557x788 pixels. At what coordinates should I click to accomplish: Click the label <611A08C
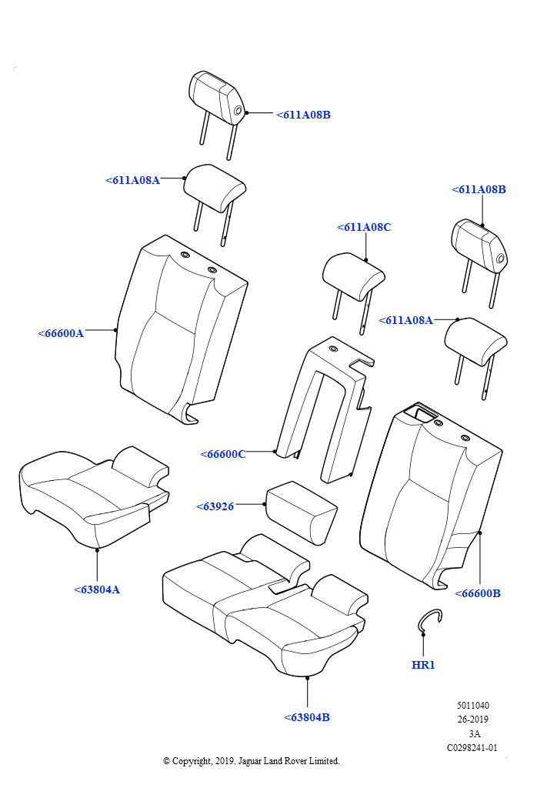364,227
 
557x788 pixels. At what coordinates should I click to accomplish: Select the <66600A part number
61,333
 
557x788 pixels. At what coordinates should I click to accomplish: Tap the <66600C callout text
222,454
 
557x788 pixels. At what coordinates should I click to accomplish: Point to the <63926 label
215,506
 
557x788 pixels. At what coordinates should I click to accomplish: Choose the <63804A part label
97,589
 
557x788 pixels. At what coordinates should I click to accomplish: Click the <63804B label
307,717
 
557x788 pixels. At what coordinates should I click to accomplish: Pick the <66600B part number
477,593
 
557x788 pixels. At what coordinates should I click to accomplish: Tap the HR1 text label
423,665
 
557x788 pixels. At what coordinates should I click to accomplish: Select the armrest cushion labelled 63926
301,512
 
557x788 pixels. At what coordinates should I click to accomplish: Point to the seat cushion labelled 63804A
92,492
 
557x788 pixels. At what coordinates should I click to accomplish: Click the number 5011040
472,706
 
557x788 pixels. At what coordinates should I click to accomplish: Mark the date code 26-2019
472,720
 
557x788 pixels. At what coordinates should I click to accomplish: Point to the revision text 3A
474,733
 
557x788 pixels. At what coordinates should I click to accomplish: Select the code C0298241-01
472,747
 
